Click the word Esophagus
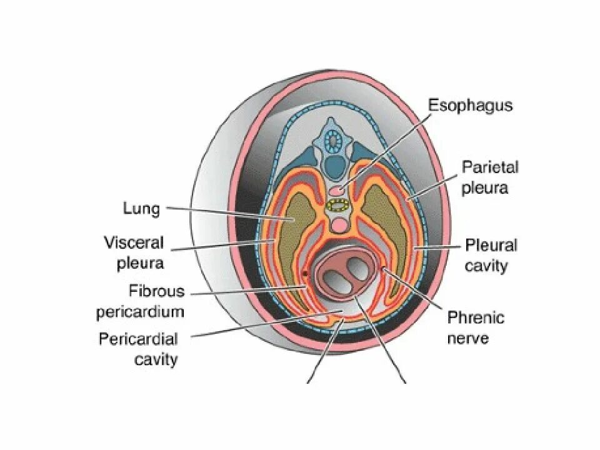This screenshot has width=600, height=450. [x=470, y=105]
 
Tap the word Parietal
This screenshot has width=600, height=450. [x=490, y=167]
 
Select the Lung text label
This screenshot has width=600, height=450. [x=141, y=209]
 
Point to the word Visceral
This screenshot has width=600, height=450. [x=134, y=242]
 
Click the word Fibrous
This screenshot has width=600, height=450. [x=157, y=291]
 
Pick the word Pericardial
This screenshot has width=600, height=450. [x=138, y=339]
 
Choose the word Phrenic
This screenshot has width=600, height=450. [x=476, y=318]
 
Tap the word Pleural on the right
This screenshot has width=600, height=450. [x=491, y=245]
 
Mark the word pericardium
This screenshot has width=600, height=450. [x=140, y=311]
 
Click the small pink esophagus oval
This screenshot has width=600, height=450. [x=337, y=190]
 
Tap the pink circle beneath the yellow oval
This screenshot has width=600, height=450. [x=339, y=224]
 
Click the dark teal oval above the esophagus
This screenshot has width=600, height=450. [x=336, y=166]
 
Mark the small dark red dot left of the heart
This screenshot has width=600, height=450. [x=304, y=274]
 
